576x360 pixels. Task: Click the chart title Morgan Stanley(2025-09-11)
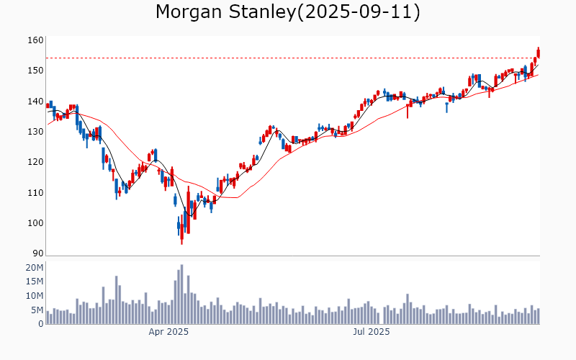pyautogui.click(x=288, y=12)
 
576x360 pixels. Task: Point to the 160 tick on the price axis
pyautogui.click(x=36, y=40)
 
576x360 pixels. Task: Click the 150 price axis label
pyautogui.click(x=36, y=71)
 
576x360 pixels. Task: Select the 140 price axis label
pyautogui.click(x=36, y=102)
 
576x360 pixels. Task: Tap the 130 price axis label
pyautogui.click(x=36, y=132)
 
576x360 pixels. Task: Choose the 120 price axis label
pyautogui.click(x=36, y=162)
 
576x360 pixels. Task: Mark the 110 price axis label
pyautogui.click(x=36, y=193)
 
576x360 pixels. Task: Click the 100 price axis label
pyautogui.click(x=36, y=223)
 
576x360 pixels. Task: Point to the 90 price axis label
pyautogui.click(x=37, y=253)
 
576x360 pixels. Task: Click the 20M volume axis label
pyautogui.click(x=35, y=268)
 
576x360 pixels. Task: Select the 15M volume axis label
pyautogui.click(x=35, y=282)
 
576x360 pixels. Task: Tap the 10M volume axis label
pyautogui.click(x=35, y=296)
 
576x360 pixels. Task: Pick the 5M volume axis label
pyautogui.click(x=37, y=310)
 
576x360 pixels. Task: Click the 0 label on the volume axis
pyautogui.click(x=41, y=324)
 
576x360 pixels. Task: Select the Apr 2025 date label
pyautogui.click(x=168, y=333)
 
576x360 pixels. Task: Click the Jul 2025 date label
pyautogui.click(x=371, y=333)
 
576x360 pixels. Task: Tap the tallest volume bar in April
pyautogui.click(x=181, y=294)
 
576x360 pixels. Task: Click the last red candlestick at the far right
pyautogui.click(x=538, y=53)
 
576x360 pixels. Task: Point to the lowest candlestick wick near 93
pyautogui.click(x=181, y=243)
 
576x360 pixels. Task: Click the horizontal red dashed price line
pyautogui.click(x=288, y=58)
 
